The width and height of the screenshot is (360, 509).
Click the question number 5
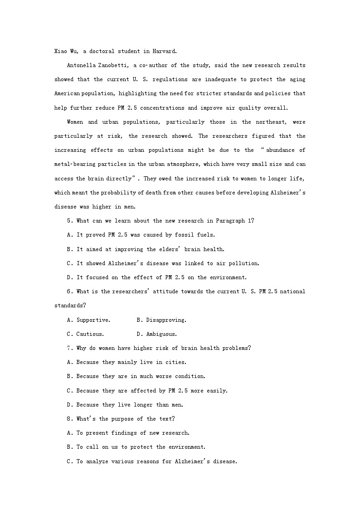click(68, 221)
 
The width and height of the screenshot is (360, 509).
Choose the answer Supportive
click(93, 320)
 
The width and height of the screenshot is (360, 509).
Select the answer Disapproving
click(166, 320)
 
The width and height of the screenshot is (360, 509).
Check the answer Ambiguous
click(161, 334)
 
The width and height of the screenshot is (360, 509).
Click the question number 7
click(68, 348)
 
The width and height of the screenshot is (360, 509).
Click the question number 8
click(68, 419)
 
